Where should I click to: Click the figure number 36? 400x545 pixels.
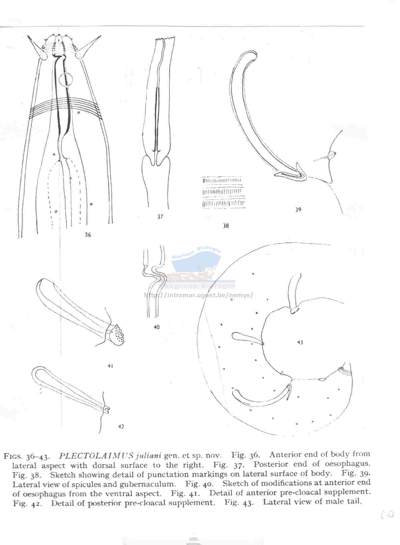pos(88,235)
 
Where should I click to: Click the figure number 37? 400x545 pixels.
pos(160,216)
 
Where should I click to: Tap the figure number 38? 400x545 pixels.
pos(226,225)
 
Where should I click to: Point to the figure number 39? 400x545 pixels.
pos(298,210)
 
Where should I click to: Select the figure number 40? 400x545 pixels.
pos(157,327)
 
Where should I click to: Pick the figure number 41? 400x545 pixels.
pos(110,365)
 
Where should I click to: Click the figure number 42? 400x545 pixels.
pos(121,426)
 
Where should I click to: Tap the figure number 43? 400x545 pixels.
pos(300,342)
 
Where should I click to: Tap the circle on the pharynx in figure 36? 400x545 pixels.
pos(65,80)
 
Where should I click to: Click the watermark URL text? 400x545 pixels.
pos(198,295)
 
